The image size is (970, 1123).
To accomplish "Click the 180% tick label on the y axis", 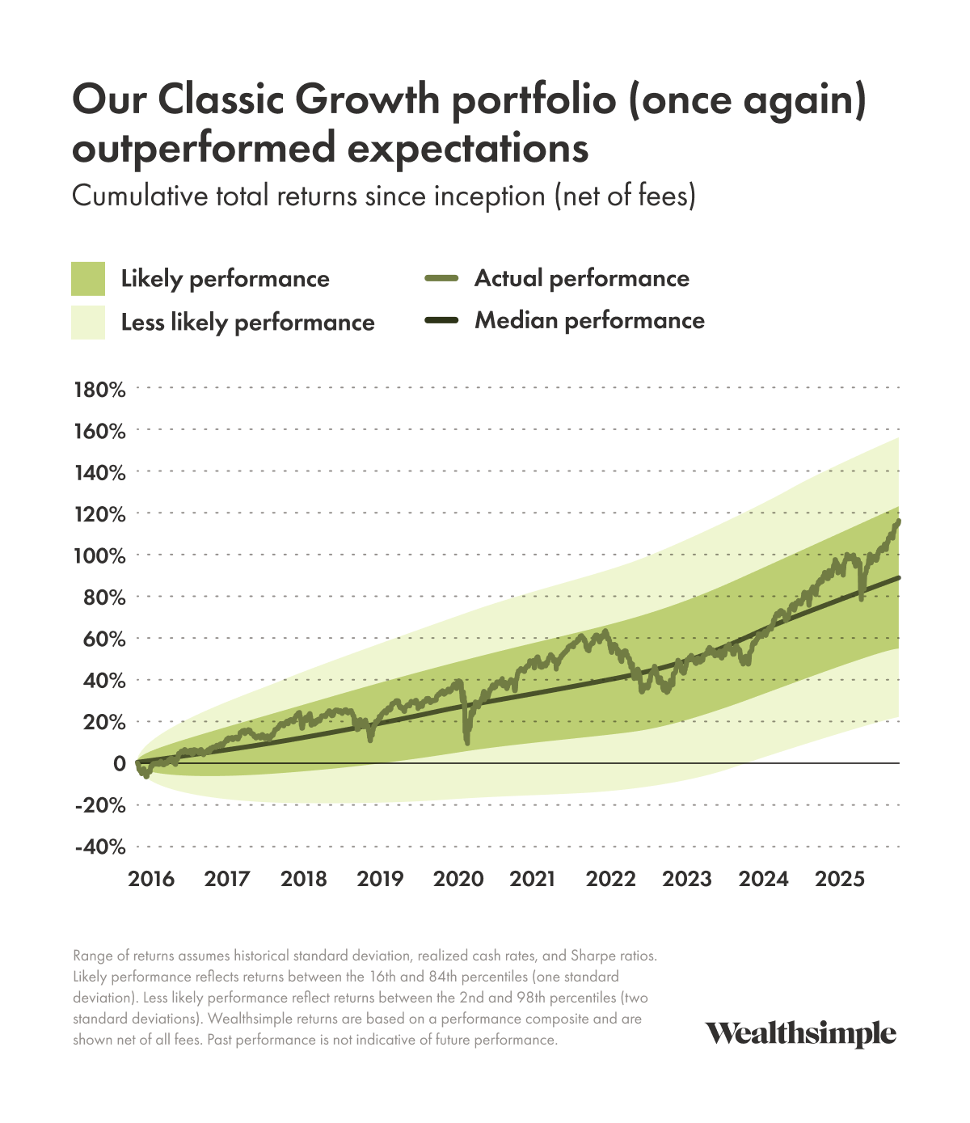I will tap(99, 390).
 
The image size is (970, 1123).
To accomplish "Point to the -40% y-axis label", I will tap(99, 847).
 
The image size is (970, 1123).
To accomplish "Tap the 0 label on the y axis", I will tap(120, 763).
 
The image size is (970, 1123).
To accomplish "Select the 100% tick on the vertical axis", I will tap(99, 556).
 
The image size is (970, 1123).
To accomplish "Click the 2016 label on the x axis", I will tap(151, 879).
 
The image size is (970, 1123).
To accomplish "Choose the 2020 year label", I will tap(458, 879).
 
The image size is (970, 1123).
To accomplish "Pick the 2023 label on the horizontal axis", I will tap(687, 879).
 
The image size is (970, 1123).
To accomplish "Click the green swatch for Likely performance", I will tap(88, 279).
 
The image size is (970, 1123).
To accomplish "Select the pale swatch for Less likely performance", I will tap(88, 322).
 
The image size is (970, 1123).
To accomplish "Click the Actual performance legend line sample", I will tap(441, 279).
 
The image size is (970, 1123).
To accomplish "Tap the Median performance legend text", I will tap(589, 321).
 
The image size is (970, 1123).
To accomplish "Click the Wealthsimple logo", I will tap(800, 1034).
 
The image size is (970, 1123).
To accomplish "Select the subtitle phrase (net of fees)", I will tap(625, 196).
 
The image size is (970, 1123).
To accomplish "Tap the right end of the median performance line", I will tap(898, 578).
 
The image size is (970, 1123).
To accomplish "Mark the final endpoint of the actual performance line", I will tap(898, 521).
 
